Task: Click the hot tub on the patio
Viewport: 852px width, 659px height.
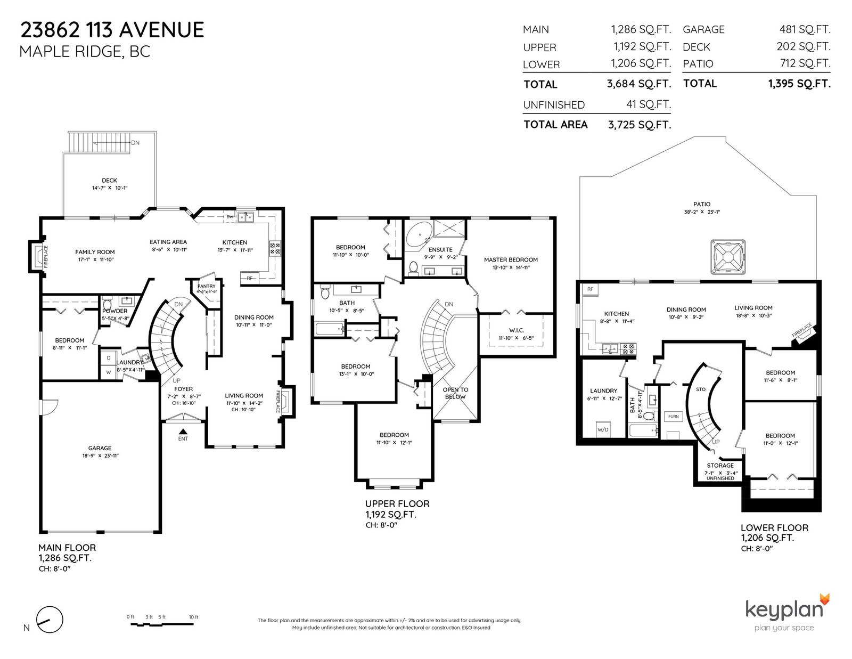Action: point(727,257)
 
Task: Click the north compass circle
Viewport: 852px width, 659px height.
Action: point(50,620)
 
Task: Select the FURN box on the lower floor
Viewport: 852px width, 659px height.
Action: point(673,417)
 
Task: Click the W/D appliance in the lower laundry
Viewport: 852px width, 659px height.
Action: point(603,429)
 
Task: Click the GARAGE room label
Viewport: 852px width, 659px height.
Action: point(100,448)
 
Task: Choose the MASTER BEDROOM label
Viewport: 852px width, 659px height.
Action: point(511,259)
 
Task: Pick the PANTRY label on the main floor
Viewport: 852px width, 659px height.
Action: point(206,287)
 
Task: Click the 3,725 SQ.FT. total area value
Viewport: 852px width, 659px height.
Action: point(640,125)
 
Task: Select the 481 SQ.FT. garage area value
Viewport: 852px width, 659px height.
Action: point(805,29)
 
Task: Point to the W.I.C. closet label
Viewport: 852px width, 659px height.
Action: point(517,330)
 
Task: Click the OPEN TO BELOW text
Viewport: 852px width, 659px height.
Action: point(455,393)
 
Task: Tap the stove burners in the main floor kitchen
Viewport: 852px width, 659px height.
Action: point(274,248)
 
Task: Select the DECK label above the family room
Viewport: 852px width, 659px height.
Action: point(109,181)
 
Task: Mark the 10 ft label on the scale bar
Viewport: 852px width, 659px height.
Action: point(194,617)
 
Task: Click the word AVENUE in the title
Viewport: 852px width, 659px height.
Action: point(161,30)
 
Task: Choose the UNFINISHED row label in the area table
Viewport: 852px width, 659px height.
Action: point(554,105)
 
